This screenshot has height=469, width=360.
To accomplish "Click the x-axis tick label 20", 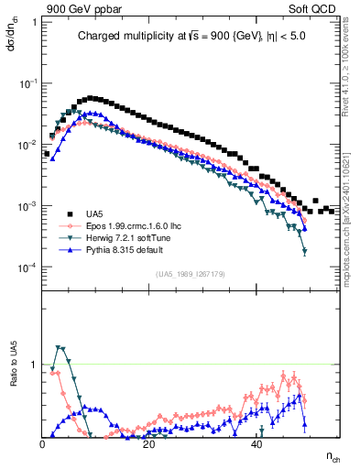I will point(149,444).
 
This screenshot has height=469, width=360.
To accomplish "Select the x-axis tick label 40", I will point(256,444).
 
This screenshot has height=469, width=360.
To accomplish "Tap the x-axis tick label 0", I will point(43,444).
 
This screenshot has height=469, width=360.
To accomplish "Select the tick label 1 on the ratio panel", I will point(35,365).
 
